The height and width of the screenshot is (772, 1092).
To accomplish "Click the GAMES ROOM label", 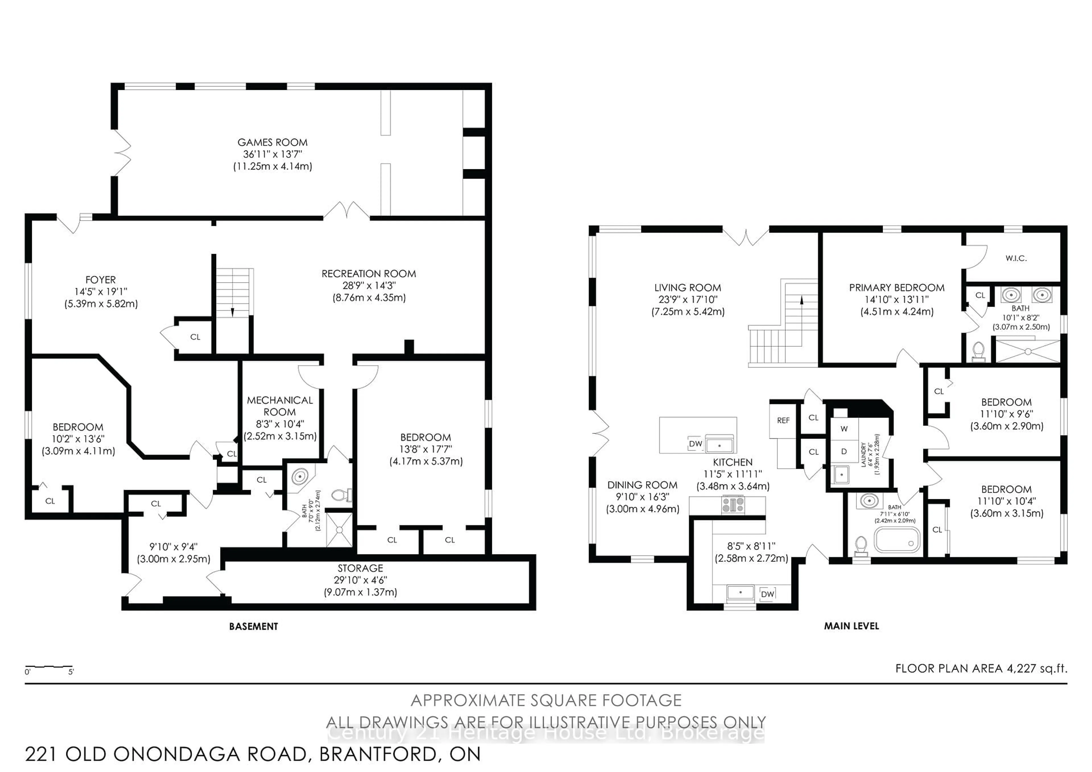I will click(x=272, y=142).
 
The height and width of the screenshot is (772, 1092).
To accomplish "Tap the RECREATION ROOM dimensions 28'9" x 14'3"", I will click(x=369, y=285).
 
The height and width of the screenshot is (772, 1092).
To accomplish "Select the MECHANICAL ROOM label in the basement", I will click(x=280, y=406).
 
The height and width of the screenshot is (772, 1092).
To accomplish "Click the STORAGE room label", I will click(x=360, y=568).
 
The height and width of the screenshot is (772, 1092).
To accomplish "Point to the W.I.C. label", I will click(x=1016, y=258).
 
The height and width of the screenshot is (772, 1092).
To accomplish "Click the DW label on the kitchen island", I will click(x=695, y=444).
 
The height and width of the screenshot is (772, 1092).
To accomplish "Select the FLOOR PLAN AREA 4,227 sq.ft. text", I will click(x=981, y=668).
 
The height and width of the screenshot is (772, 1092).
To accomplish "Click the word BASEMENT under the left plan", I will click(x=253, y=626).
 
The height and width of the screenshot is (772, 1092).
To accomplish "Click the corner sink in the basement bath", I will click(x=300, y=476).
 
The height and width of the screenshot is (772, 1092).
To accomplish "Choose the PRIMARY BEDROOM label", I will click(x=897, y=287).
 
